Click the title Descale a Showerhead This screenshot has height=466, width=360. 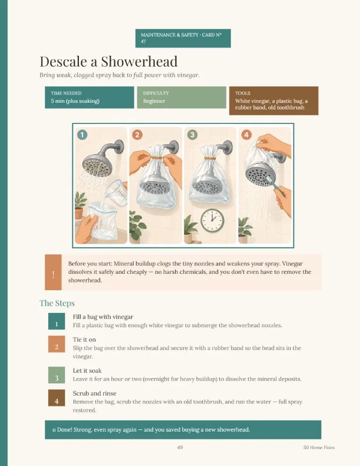coord(109,61)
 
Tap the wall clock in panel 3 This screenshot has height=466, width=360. coord(212,220)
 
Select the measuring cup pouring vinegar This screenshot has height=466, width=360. coord(118,193)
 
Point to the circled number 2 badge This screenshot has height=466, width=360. coord(137,135)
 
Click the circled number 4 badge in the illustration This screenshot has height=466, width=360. coord(246,135)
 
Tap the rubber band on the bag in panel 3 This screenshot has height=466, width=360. coord(210,159)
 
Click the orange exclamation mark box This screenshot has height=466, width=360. coord(53,272)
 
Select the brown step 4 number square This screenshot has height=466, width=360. coord(57,398)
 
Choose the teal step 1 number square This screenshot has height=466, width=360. coord(57,321)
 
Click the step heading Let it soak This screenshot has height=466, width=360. coord(87,371)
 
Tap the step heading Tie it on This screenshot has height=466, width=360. coord(84,339)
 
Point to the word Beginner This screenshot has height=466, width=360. coord(154,101)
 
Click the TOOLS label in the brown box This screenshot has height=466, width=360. coord(242,93)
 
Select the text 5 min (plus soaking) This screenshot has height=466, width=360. coord(75,101)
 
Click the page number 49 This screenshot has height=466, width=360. coord(179,447)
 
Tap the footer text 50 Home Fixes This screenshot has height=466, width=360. coord(319,447)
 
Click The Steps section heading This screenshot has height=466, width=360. coord(57,303)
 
